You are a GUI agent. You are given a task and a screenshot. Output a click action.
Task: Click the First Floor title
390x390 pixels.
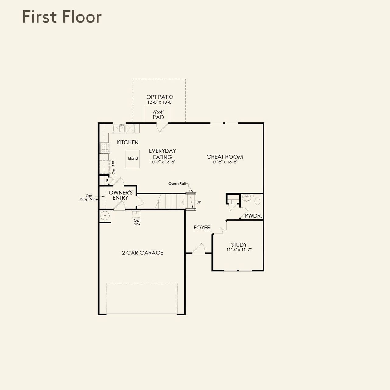(x=62, y=17)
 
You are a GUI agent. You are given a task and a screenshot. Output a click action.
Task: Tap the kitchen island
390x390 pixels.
(x=133, y=159)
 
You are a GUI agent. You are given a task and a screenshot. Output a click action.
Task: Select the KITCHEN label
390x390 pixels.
(x=128, y=142)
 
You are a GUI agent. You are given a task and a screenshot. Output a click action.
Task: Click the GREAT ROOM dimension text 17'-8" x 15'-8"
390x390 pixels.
(x=225, y=162)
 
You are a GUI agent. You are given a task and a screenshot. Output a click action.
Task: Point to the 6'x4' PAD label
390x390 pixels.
(x=158, y=115)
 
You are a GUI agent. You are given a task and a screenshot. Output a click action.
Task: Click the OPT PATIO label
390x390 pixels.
(x=160, y=97)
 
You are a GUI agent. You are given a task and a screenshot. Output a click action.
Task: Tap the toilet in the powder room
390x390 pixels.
(x=257, y=200)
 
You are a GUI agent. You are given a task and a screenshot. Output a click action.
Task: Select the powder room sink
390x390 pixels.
(x=246, y=198)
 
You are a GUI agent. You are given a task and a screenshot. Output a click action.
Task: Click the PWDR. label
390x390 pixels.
(x=253, y=215)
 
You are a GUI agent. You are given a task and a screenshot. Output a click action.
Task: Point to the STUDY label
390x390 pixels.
(x=239, y=245)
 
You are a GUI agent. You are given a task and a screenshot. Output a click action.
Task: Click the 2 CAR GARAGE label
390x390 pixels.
(x=143, y=253)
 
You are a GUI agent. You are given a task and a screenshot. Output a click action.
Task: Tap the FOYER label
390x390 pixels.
(x=202, y=228)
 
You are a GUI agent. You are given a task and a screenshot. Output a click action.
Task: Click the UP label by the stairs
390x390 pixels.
(x=199, y=202)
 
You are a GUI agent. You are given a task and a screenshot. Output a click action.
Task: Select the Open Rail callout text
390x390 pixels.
(x=177, y=183)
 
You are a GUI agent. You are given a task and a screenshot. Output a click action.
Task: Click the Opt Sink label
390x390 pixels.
(x=137, y=222)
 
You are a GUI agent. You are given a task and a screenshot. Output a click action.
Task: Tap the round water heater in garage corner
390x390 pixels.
(x=105, y=215)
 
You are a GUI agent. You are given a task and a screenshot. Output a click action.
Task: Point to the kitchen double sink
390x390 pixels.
(x=119, y=128)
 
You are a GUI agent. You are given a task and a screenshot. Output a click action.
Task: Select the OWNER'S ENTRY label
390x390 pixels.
(x=120, y=195)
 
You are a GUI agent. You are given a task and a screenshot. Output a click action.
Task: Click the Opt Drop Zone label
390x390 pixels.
(x=89, y=197)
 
